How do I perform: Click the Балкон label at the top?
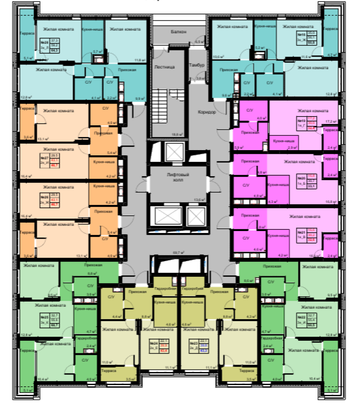tap(178, 32)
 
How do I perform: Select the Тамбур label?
tap(197, 65)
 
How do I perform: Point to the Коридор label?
tap(207, 112)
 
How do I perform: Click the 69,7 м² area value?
tap(178, 253)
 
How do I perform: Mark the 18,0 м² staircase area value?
tap(177, 135)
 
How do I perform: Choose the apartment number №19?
tap(301, 120)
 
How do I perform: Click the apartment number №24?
tap(153, 343)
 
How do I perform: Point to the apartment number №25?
tap(44, 317)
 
